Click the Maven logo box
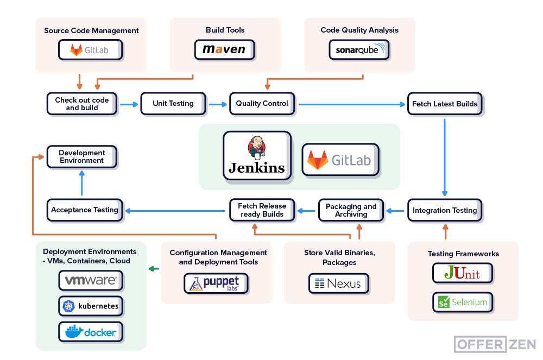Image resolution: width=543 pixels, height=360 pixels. (224, 49)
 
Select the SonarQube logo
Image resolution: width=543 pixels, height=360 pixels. (359, 50)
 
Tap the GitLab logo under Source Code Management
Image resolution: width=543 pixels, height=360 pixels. (90, 50)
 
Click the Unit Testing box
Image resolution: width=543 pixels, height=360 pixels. (173, 103)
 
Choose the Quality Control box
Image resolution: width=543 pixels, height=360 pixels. (262, 103)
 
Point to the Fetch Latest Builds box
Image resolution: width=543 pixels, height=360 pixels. (445, 104)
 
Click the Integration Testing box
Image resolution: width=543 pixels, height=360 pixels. (445, 210)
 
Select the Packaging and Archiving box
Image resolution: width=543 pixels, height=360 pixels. (351, 210)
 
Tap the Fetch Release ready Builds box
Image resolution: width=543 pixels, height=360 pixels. (262, 210)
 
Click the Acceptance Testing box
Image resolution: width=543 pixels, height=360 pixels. (85, 210)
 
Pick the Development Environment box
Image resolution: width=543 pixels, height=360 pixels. (81, 157)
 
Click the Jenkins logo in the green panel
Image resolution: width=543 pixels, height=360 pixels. (256, 155)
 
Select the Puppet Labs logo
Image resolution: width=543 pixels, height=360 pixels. (216, 283)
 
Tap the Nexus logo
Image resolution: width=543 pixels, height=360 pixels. (338, 283)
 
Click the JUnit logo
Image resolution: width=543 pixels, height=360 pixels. (462, 273)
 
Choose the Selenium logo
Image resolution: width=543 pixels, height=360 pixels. (463, 302)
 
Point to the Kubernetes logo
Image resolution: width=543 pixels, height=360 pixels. (91, 306)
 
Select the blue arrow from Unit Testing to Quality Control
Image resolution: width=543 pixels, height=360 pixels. (218, 103)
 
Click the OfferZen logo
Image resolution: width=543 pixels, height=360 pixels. (495, 344)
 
